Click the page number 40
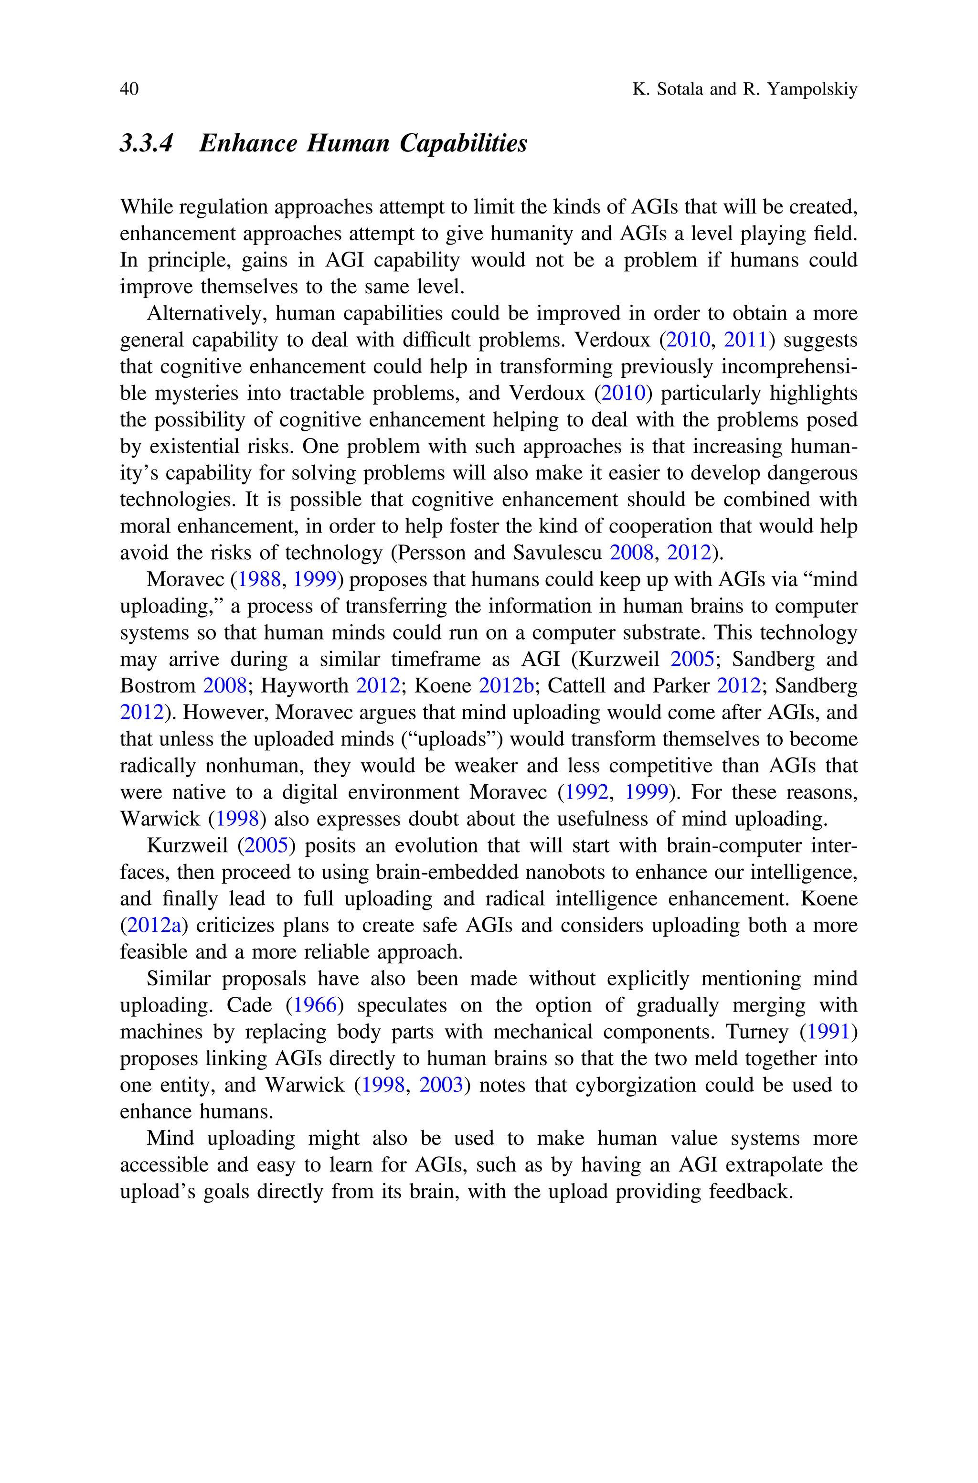pyautogui.click(x=129, y=89)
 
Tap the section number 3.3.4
pyautogui.click(x=146, y=143)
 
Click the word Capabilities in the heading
pyautogui.click(x=463, y=143)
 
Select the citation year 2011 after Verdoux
pyautogui.click(x=745, y=340)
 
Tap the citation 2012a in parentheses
pyautogui.click(x=154, y=926)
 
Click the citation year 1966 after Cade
pyautogui.click(x=315, y=1005)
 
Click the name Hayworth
pyautogui.click(x=304, y=686)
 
